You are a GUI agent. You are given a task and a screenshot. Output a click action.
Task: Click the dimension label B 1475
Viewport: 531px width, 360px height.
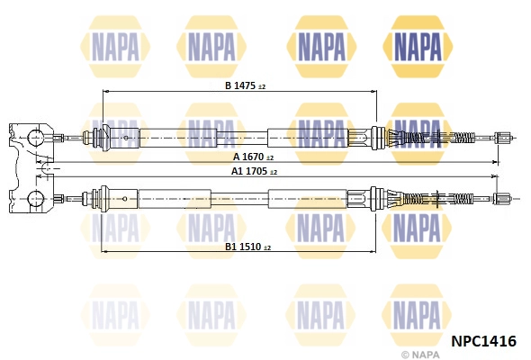tap(240, 85)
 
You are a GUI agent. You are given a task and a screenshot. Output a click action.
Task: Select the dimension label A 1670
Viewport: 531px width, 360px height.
tap(248, 157)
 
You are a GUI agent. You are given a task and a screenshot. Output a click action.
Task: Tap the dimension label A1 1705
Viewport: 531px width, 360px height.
tap(249, 171)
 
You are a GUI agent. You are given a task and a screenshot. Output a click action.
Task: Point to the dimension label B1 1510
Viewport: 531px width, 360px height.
tap(243, 247)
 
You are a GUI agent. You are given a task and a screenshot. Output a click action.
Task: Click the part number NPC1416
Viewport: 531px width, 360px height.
tap(483, 341)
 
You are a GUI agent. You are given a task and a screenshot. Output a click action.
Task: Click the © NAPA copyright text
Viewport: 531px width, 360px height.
tap(420, 355)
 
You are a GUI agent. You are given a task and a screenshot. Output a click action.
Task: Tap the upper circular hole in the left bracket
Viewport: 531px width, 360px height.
tap(35, 138)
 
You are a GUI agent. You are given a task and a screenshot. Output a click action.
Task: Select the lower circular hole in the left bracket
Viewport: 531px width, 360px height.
tap(35, 198)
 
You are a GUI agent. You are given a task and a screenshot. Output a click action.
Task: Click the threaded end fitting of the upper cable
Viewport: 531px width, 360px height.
tap(502, 138)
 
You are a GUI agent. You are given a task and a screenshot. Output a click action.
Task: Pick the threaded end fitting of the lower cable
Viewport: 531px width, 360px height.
tap(501, 199)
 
